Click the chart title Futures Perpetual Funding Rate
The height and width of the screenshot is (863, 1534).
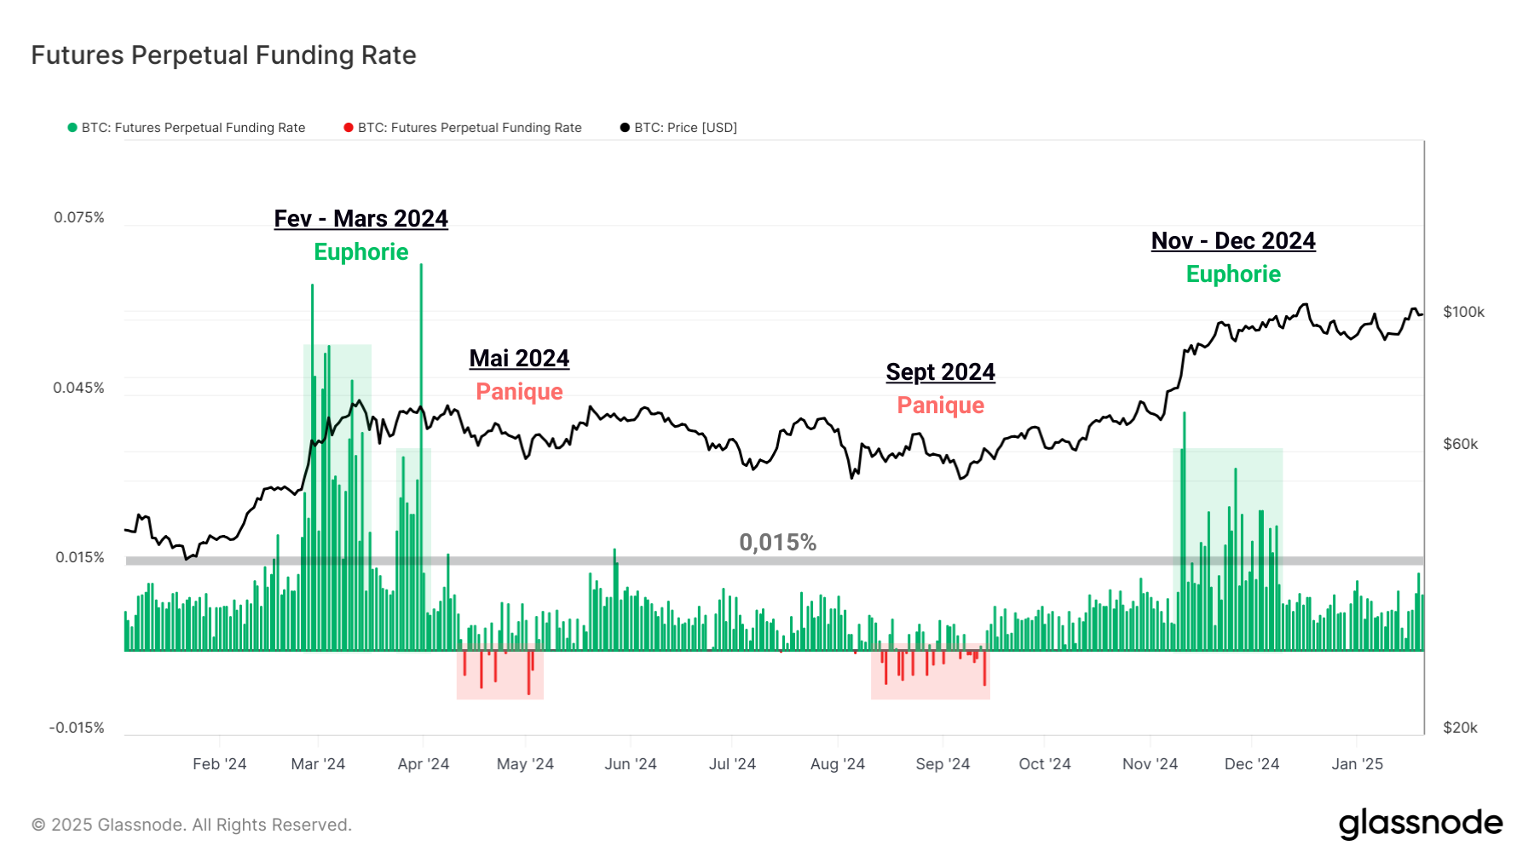coord(223,55)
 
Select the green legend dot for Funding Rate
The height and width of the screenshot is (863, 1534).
coord(72,128)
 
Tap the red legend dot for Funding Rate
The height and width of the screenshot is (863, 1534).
coord(349,128)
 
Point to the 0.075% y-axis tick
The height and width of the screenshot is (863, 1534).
coord(79,217)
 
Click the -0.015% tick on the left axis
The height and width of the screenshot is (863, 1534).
coord(77,728)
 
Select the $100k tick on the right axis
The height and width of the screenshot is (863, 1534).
coord(1463,312)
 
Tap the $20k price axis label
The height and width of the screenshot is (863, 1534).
coord(1460,728)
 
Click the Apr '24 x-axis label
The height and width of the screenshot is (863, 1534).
coord(423,764)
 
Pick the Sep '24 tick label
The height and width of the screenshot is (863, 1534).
coord(943,764)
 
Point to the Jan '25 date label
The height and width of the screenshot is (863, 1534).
coord(1357,764)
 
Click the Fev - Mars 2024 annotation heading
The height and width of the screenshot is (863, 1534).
coord(360,219)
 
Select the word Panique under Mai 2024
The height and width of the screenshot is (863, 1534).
coord(519,392)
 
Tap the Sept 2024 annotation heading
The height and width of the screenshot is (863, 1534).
coord(940,372)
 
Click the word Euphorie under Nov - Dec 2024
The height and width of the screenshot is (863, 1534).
coord(1233,274)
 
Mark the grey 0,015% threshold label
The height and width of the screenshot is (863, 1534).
coord(777,543)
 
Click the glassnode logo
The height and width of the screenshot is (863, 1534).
coord(1421,824)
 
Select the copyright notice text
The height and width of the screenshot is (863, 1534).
coord(192,825)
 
